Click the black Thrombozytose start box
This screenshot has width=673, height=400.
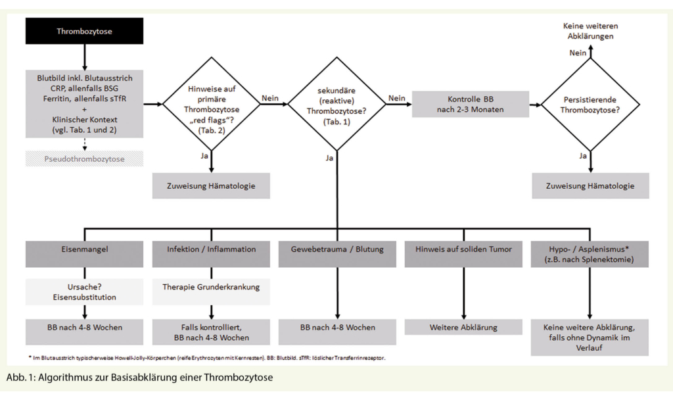coord(85,31)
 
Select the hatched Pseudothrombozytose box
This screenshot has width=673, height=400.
coord(85,159)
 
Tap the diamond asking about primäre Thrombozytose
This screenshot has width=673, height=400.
coord(213,103)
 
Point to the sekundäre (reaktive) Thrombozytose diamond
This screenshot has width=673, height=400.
coord(338,103)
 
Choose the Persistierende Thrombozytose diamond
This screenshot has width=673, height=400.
coord(590,103)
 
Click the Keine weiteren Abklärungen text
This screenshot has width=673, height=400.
coord(590,31)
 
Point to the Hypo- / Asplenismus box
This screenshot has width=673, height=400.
coord(590,254)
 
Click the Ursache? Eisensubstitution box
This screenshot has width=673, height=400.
coord(85,291)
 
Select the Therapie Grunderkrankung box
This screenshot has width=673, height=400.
coord(211,287)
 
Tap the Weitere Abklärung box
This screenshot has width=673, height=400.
coord(464,327)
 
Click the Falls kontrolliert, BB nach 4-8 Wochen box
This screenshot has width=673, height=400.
coord(211,332)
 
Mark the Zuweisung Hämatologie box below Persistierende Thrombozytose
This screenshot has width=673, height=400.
coord(590,186)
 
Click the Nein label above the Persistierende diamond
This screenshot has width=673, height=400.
coord(578,53)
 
